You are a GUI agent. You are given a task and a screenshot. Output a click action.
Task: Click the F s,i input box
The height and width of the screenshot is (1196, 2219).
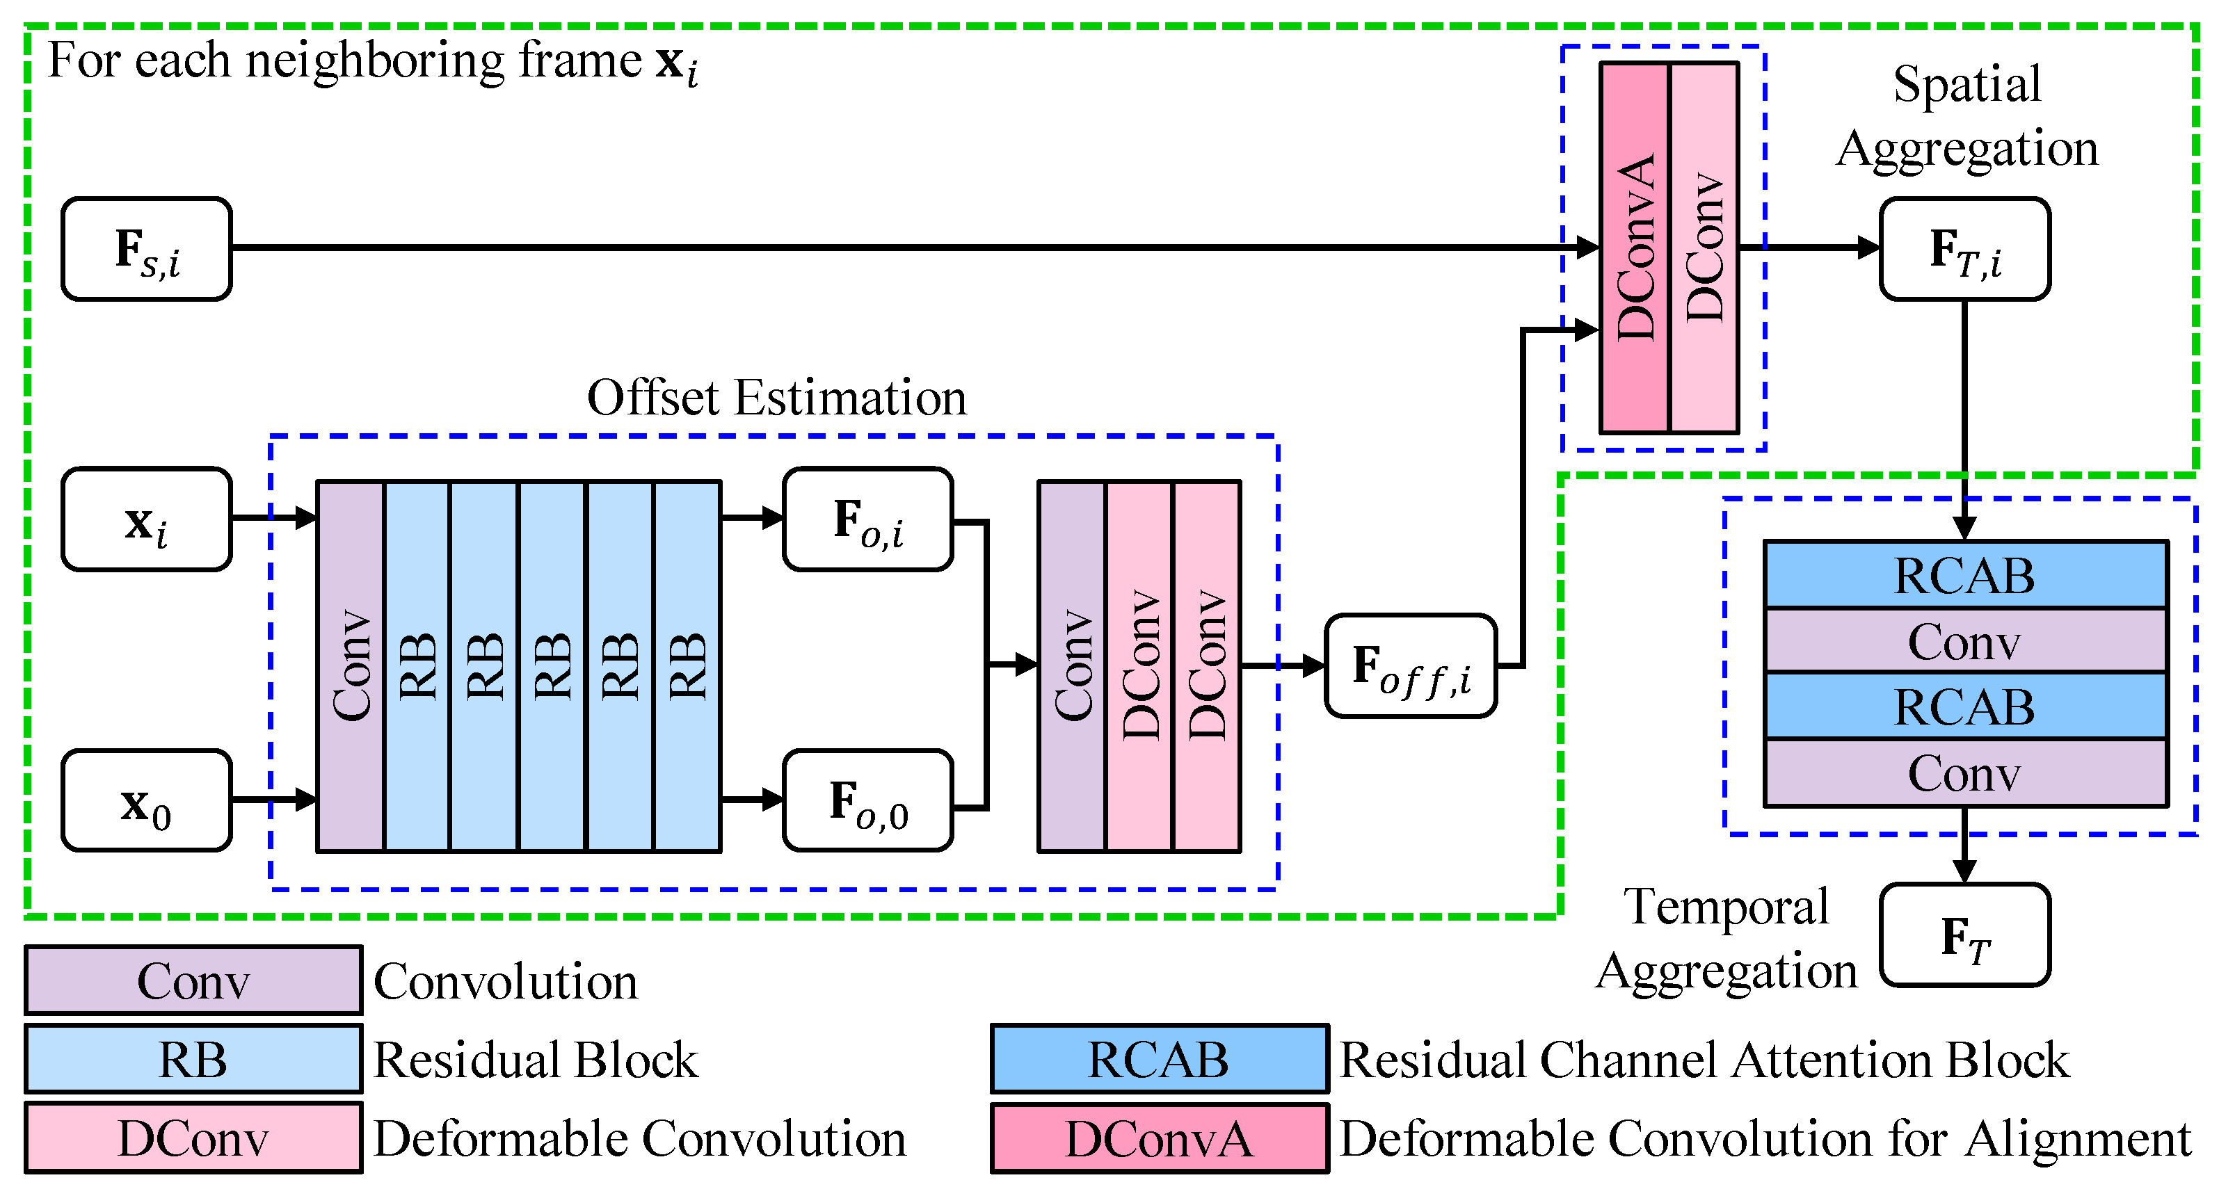coord(147,249)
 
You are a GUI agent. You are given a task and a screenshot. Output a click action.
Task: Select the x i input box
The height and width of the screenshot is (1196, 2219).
coord(147,519)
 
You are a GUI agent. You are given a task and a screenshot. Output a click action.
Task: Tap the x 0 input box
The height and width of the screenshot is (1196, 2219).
coord(147,801)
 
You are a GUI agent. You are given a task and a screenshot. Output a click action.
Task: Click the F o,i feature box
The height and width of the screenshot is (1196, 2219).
coord(867,519)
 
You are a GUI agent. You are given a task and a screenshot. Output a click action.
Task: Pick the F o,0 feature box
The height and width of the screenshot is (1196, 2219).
coord(867,801)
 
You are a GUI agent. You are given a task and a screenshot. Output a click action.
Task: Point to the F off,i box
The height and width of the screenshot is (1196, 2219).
coord(1410,665)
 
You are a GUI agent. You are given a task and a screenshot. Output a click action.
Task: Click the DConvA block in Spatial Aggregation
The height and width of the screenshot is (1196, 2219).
coord(1634,247)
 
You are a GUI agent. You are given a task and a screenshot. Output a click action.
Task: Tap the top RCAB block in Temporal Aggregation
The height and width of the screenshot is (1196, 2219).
coord(1965,575)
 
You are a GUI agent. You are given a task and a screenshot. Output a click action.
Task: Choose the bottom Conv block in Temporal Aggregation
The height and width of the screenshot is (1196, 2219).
coord(1965,773)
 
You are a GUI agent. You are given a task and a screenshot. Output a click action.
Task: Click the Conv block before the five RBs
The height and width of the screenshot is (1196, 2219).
coord(351,665)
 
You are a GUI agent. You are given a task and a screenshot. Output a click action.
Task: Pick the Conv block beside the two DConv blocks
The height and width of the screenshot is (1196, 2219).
coord(1072,665)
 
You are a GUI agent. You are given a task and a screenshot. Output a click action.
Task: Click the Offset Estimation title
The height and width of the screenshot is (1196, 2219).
coord(776,398)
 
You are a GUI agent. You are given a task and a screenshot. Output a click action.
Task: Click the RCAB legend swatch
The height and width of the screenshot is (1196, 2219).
coord(1159,1059)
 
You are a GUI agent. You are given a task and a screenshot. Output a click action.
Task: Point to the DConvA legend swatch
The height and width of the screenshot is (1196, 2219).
coord(1159,1138)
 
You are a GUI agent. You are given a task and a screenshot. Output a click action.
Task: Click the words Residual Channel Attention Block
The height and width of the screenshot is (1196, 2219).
coord(1703,1059)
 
